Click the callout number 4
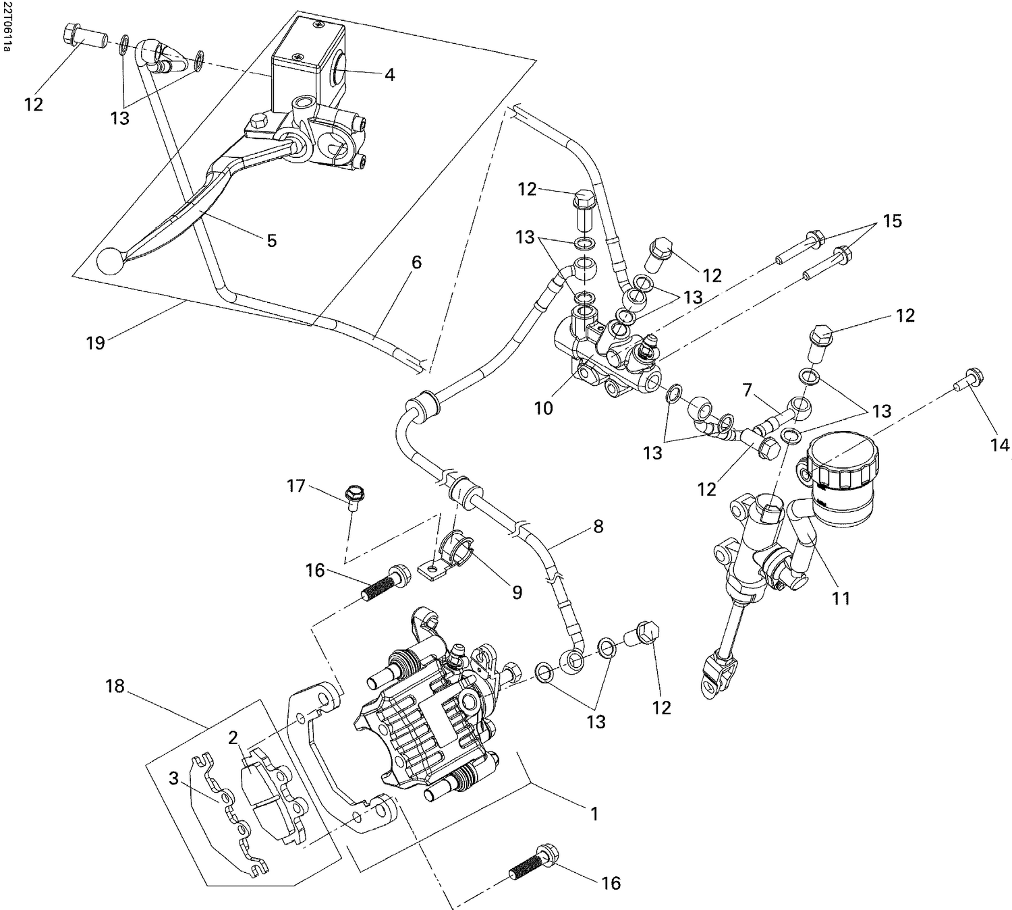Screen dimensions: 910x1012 [389, 75]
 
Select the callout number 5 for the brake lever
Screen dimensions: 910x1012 [271, 241]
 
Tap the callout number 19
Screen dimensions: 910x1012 [95, 343]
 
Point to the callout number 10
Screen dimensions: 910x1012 [543, 407]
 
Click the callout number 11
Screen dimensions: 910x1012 [841, 598]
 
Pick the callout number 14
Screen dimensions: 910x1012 [1000, 445]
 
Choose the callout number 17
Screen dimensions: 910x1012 [296, 486]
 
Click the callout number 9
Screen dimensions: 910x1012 [517, 592]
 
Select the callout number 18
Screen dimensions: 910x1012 [115, 686]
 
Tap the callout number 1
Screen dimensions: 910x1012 [594, 814]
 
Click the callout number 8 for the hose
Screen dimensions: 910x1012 [598, 526]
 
